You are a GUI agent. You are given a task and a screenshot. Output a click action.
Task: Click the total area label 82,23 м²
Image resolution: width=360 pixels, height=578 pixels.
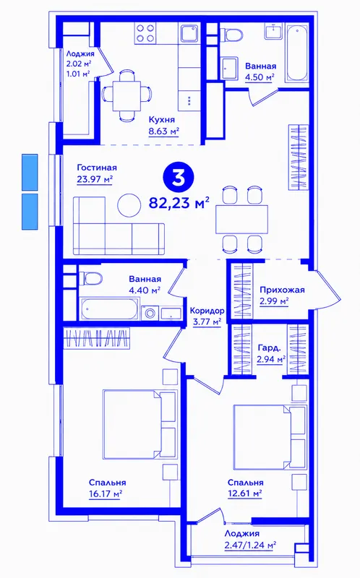point(179,202)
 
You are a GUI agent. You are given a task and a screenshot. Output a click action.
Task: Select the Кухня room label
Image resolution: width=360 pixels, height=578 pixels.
point(162,119)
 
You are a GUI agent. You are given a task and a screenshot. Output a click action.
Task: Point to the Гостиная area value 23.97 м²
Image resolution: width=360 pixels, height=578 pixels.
point(95,179)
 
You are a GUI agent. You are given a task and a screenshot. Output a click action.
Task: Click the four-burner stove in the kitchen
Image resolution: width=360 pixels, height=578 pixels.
point(145,33)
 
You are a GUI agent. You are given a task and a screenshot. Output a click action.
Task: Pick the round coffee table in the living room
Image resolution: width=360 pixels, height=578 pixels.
point(129,205)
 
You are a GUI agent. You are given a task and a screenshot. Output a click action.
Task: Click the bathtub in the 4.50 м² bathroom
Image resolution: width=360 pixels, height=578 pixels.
point(297,53)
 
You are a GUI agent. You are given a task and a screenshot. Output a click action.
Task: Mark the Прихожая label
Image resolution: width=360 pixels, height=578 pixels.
point(282,290)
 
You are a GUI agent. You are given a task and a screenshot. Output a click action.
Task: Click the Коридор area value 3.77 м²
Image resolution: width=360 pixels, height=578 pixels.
point(207,322)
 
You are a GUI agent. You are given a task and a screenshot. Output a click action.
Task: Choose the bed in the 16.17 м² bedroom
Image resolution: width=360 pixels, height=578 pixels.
point(140,424)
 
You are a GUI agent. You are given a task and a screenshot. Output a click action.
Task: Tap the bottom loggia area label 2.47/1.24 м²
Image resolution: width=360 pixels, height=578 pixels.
point(250,545)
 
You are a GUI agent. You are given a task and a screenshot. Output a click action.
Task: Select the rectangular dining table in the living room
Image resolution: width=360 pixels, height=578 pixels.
point(242,220)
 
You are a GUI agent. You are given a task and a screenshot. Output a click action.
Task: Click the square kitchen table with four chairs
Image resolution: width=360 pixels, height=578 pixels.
point(127,95)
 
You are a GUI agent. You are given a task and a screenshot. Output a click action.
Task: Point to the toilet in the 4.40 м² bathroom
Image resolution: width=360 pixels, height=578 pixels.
point(90,278)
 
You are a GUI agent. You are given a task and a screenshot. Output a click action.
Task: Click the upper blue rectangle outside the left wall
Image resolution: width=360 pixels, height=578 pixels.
point(30,172)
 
